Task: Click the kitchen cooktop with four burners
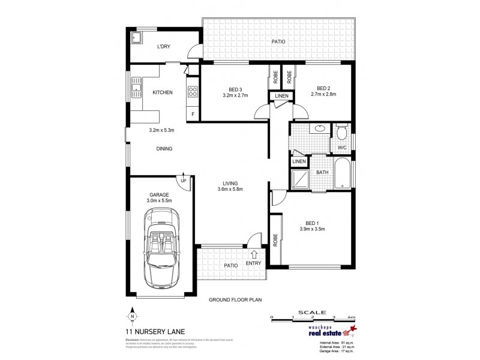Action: tap(193, 92)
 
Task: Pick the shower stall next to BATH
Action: tap(299, 179)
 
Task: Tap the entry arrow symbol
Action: tap(253, 256)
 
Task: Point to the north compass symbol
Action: tap(131, 316)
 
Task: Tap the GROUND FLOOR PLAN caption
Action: tap(235, 299)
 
